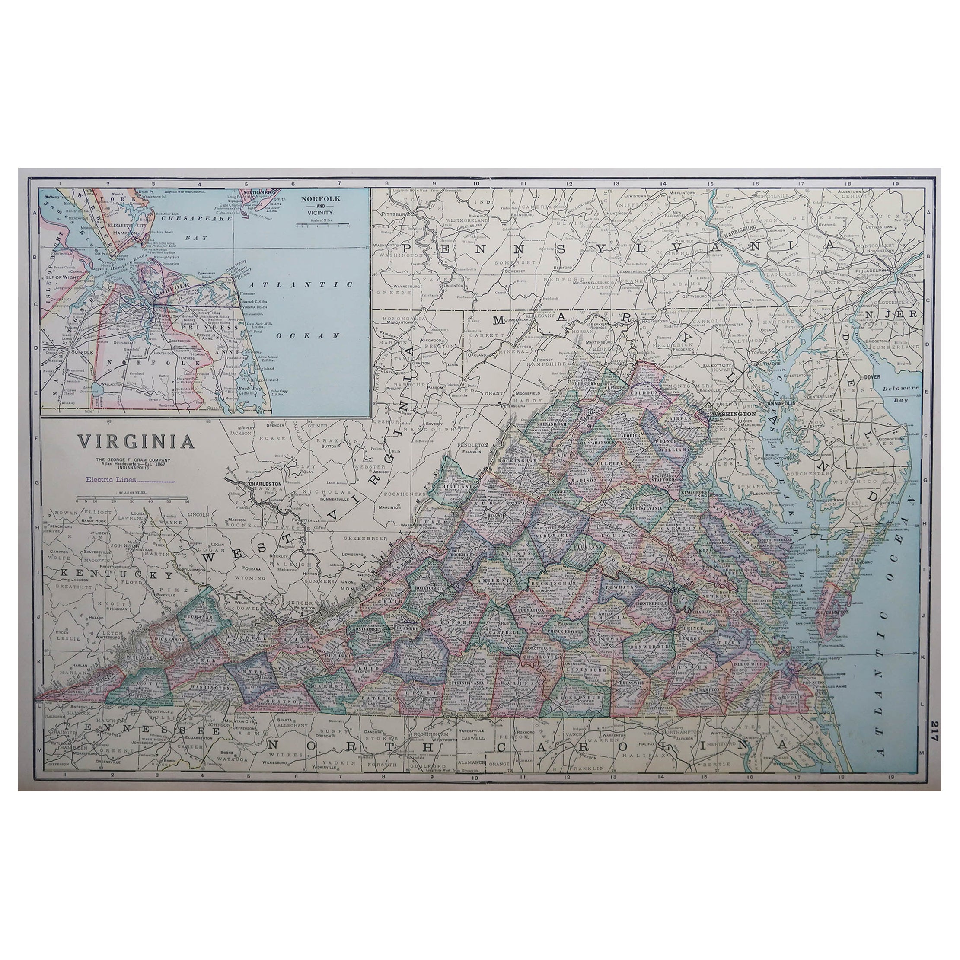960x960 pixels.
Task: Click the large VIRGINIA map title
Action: coord(135,441)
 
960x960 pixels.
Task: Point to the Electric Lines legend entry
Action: coord(130,479)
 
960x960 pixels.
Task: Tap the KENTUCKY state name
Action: coord(116,574)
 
